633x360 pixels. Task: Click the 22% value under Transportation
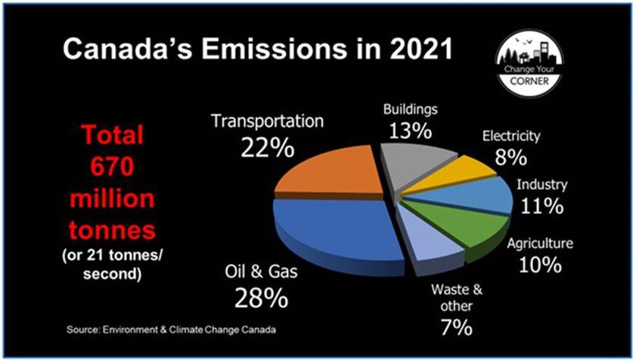(x=267, y=147)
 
